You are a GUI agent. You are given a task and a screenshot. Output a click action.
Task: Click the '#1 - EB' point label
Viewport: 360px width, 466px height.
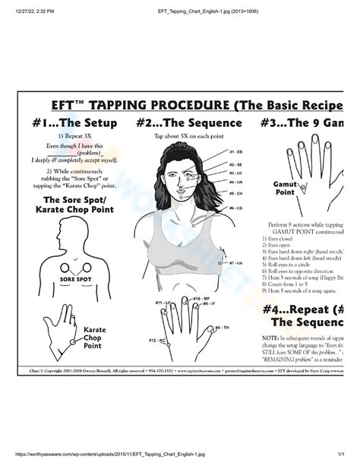tap(235, 152)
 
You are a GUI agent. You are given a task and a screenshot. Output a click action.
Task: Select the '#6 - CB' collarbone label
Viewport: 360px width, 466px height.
tap(235, 207)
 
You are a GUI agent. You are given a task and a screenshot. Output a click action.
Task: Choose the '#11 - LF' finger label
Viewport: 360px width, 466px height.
tap(163, 303)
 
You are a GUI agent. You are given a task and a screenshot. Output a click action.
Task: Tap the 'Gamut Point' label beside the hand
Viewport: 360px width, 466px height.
tap(285, 188)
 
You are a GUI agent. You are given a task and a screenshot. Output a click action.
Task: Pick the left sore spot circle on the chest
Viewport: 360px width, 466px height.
tap(63, 267)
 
